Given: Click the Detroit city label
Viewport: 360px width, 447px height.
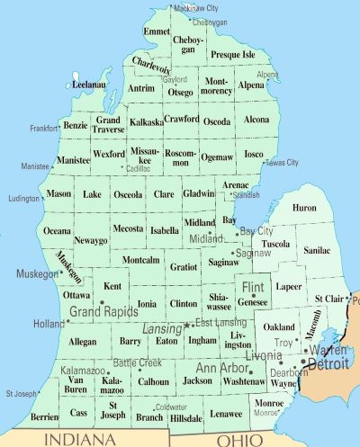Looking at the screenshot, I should point(326,365).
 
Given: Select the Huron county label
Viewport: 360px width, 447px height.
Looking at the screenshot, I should point(304,208).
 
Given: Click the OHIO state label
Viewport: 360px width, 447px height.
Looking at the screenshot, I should point(240,439).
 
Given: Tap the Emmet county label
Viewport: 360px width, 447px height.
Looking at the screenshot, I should point(157,31).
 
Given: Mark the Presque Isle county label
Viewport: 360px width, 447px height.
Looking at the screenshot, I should point(233,55).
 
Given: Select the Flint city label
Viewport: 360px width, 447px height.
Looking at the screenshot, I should point(249,288).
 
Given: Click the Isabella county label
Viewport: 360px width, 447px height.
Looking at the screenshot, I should point(164,230).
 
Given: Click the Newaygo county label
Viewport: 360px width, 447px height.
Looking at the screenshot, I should point(90,241).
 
